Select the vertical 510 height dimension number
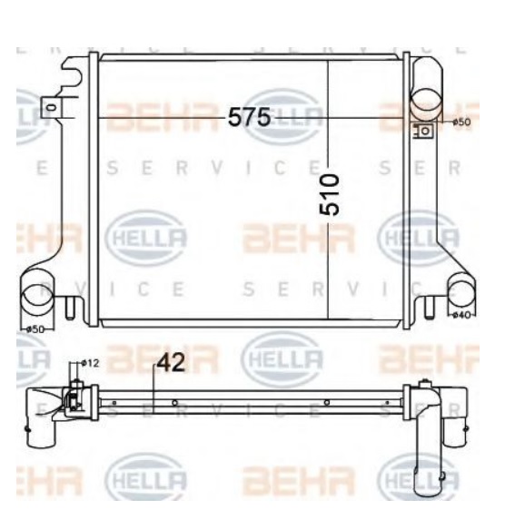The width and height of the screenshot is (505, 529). click(x=332, y=194)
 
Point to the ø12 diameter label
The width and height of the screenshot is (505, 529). click(x=89, y=363)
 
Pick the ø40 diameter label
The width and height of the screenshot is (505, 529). click(x=460, y=315)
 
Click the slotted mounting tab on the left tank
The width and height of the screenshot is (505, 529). click(x=52, y=110)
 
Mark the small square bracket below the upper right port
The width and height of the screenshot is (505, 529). click(x=422, y=131)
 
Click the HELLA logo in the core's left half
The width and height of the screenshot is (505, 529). click(x=148, y=238)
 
